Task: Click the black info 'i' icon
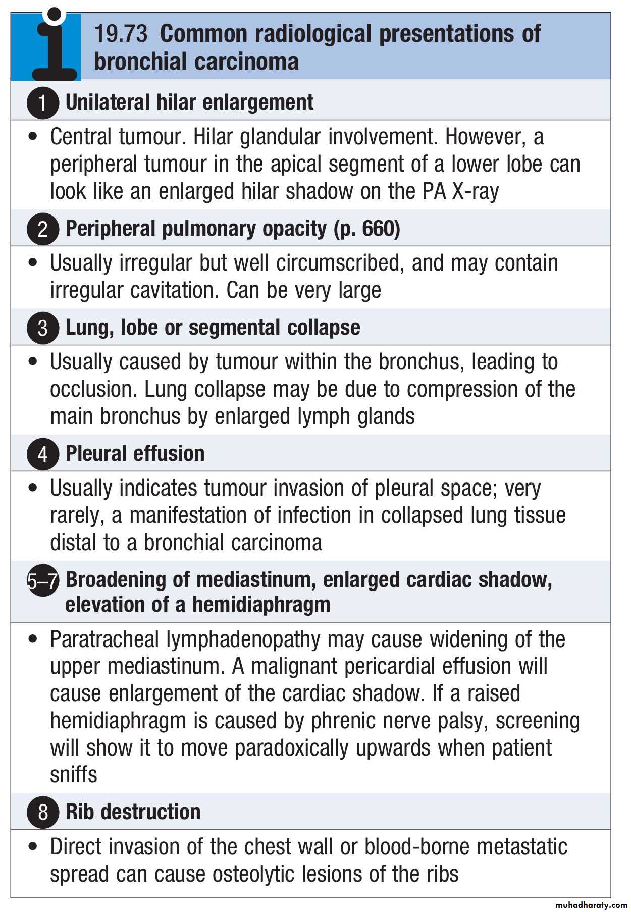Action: click(x=53, y=45)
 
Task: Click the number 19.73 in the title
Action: click(x=121, y=34)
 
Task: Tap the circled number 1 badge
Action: click(x=42, y=102)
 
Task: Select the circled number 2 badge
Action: click(x=42, y=229)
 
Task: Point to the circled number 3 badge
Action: click(x=42, y=328)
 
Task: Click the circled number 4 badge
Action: click(x=42, y=454)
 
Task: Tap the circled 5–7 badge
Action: click(x=42, y=580)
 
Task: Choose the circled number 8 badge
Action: click(x=42, y=812)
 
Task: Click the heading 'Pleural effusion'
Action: click(x=135, y=453)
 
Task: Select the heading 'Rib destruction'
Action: click(x=133, y=812)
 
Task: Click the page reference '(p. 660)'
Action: click(x=367, y=229)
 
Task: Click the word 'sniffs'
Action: click(x=73, y=775)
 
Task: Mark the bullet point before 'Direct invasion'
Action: click(x=33, y=846)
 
